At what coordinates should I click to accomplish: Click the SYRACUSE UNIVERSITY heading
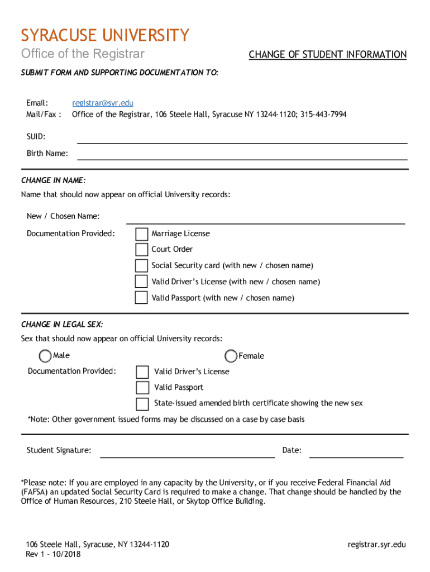[105, 36]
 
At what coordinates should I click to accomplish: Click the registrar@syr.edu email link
[102, 103]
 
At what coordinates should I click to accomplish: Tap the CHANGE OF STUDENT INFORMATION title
[327, 55]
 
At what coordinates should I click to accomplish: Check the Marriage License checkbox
[142, 234]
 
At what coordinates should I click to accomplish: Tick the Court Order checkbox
[142, 250]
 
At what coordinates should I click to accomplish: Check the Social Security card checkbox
[142, 266]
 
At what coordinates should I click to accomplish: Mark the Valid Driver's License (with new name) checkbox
[142, 282]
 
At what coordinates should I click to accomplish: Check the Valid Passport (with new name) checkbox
[142, 298]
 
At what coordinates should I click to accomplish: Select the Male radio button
[45, 356]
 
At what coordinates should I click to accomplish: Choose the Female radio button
[231, 356]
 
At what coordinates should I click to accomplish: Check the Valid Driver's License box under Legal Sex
[142, 372]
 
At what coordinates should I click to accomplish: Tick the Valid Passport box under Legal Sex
[142, 388]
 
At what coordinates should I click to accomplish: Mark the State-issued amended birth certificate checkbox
[142, 403]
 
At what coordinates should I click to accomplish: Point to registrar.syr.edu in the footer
[376, 545]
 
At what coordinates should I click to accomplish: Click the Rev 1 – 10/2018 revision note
[53, 554]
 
